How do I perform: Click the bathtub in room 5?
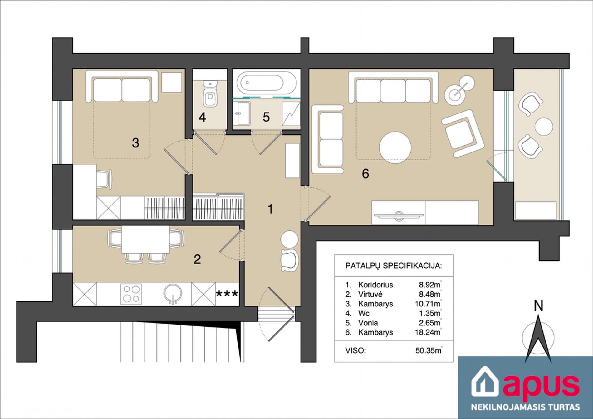point(266,83)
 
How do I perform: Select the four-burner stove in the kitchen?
point(131,294)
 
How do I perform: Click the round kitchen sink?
point(173,293)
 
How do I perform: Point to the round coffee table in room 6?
point(395,148)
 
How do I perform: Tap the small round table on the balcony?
point(544,126)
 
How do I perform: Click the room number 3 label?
point(135,143)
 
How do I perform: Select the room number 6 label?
point(365,173)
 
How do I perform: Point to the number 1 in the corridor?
point(270,209)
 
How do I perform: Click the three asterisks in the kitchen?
point(227,294)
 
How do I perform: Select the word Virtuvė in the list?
point(370,294)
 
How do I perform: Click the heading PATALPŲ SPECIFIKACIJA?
point(394,266)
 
